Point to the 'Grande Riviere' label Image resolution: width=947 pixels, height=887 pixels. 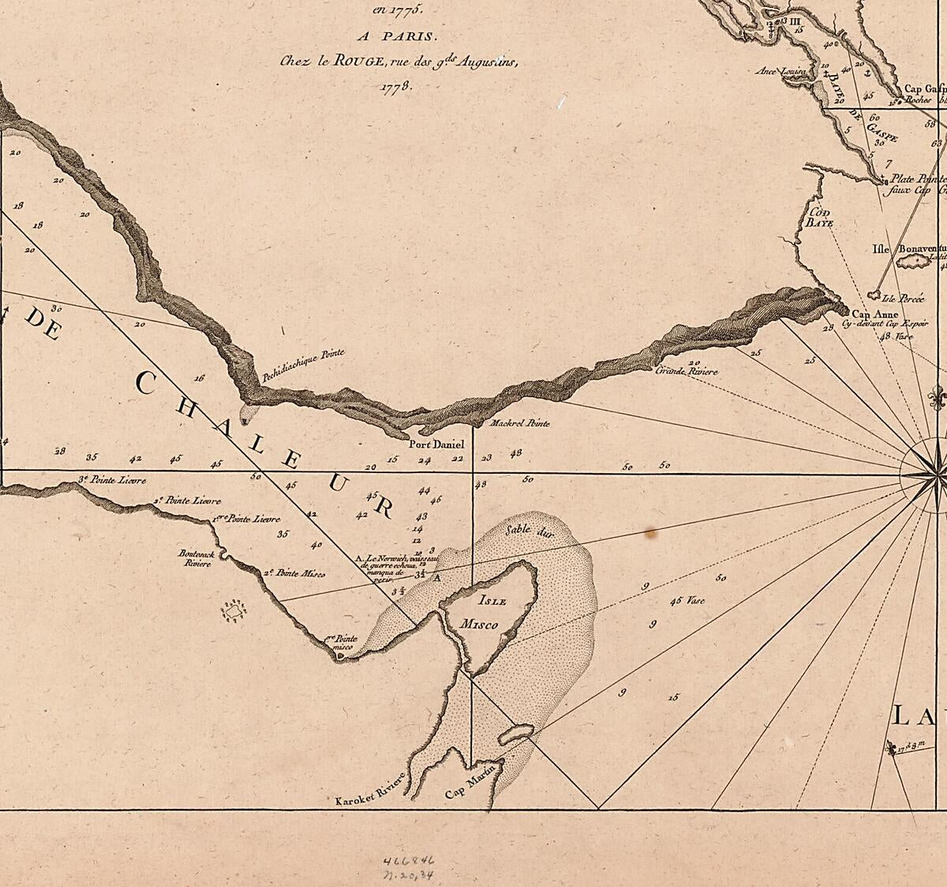(687, 369)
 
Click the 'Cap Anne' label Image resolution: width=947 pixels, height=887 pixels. (870, 314)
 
